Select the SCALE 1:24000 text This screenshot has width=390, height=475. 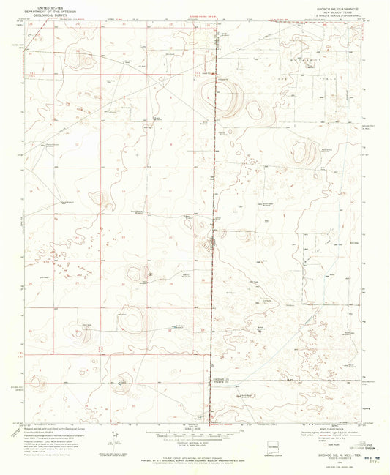(186, 430)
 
